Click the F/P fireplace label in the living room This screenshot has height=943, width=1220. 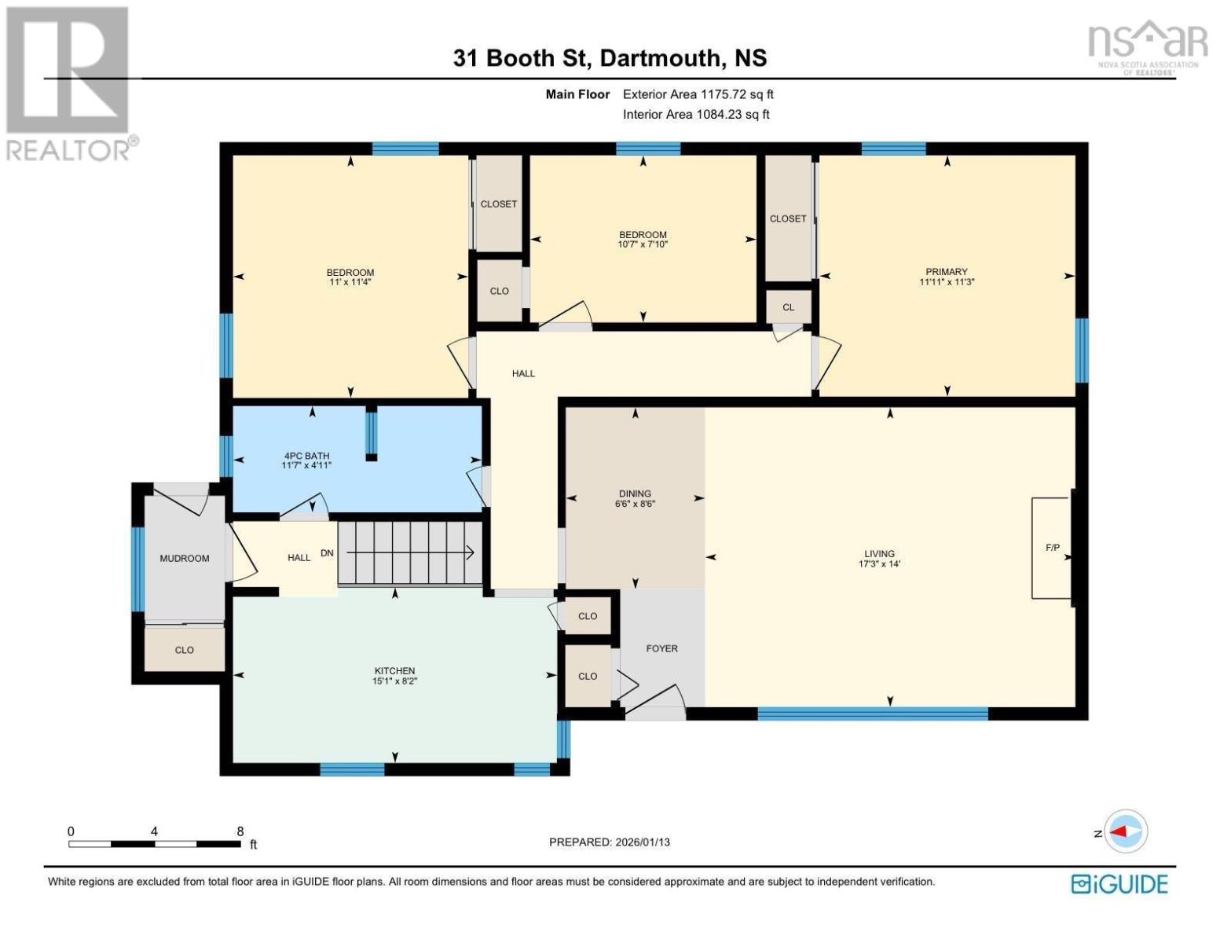pos(1053,548)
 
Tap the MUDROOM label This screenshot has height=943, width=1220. pos(184,558)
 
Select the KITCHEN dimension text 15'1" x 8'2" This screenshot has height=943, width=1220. pos(394,681)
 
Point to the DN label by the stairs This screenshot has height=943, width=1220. pos(327,553)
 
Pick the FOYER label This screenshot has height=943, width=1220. pos(662,648)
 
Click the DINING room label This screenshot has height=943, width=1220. pos(635,494)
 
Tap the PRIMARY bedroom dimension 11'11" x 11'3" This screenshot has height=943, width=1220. pos(947,282)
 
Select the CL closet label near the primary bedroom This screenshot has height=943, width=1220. pos(788,307)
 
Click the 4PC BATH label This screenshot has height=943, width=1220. pos(306,456)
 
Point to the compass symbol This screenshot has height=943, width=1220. pos(1126,831)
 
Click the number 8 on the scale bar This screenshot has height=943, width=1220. pos(240,831)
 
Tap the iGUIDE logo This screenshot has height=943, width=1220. pos(1119,885)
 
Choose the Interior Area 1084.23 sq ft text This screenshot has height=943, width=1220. pos(695,115)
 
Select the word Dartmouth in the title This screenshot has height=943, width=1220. pos(661,58)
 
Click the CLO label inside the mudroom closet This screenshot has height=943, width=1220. pos(184,650)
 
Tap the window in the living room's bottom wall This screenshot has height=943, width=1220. pos(873,714)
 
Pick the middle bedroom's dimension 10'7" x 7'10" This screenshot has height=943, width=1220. pos(643,244)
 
